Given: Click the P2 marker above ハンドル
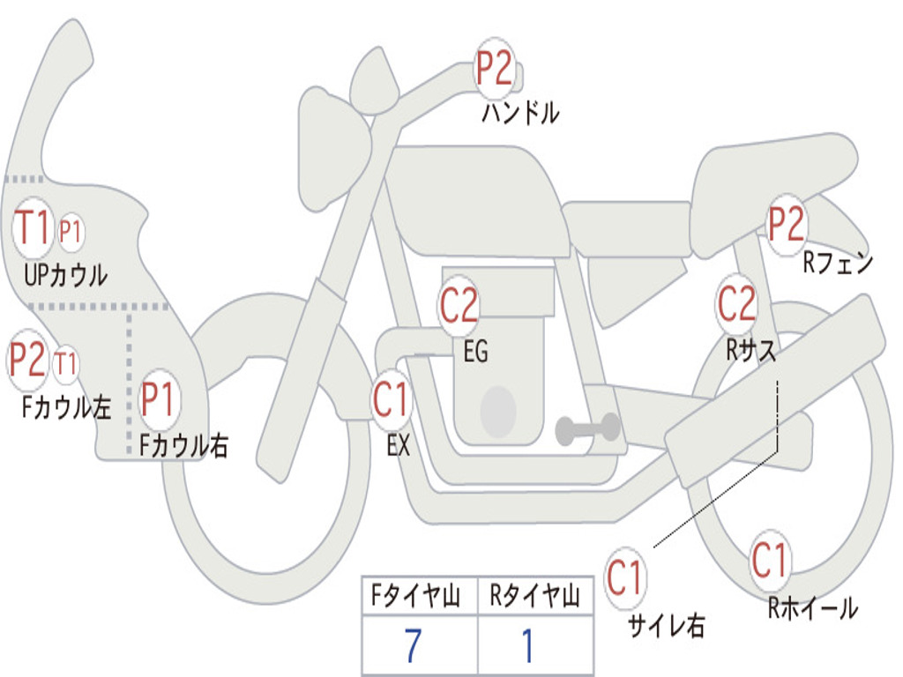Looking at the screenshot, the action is click(x=494, y=69).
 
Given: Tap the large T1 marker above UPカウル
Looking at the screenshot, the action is click(x=32, y=227).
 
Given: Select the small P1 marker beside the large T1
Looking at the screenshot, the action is click(x=71, y=232).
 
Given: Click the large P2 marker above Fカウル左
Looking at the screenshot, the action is click(x=27, y=360).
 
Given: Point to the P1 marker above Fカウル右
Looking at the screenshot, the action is click(x=159, y=399).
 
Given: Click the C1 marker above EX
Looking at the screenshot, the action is click(x=391, y=399).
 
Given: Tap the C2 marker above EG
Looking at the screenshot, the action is click(x=459, y=305).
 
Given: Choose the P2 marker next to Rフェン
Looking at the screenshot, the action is click(x=787, y=224).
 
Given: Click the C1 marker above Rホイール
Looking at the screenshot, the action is click(x=769, y=560).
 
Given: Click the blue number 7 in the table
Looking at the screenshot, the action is click(x=413, y=646).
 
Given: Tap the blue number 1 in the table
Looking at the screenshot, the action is click(x=528, y=646).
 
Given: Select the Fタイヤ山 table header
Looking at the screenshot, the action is click(x=416, y=596).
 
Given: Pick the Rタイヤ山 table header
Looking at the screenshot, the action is click(x=535, y=596).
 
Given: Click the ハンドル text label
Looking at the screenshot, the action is click(x=520, y=112).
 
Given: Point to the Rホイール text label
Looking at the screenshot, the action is click(x=813, y=608).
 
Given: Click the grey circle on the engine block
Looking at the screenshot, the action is click(x=498, y=411).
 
